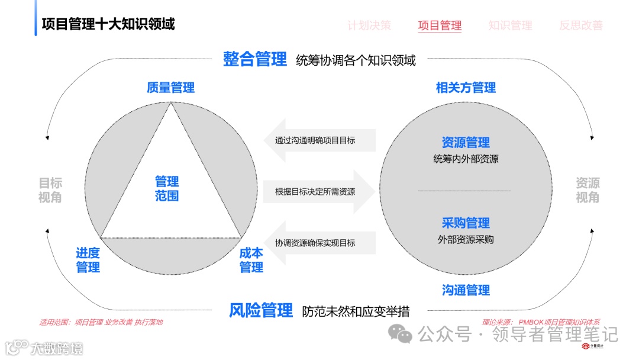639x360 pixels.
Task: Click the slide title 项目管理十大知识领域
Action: click(x=108, y=24)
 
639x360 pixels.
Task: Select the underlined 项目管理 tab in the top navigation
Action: click(x=440, y=25)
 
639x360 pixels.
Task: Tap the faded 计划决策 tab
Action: click(x=369, y=25)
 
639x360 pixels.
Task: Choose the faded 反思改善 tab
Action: click(x=581, y=25)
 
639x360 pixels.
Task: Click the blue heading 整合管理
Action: click(x=255, y=59)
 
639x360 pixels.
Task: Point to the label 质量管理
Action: click(x=170, y=88)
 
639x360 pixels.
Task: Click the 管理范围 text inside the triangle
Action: click(x=167, y=188)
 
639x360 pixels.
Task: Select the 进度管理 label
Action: click(x=88, y=260)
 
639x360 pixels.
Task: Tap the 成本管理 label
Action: click(x=251, y=260)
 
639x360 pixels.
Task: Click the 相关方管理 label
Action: click(x=466, y=88)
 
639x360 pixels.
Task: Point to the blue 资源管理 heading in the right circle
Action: click(x=466, y=143)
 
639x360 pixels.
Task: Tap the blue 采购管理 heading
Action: click(x=466, y=223)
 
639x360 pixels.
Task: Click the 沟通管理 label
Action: click(x=466, y=290)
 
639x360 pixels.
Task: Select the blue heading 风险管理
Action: click(x=261, y=310)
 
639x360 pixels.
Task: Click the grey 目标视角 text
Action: click(x=50, y=190)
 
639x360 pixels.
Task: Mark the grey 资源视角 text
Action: click(x=588, y=190)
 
